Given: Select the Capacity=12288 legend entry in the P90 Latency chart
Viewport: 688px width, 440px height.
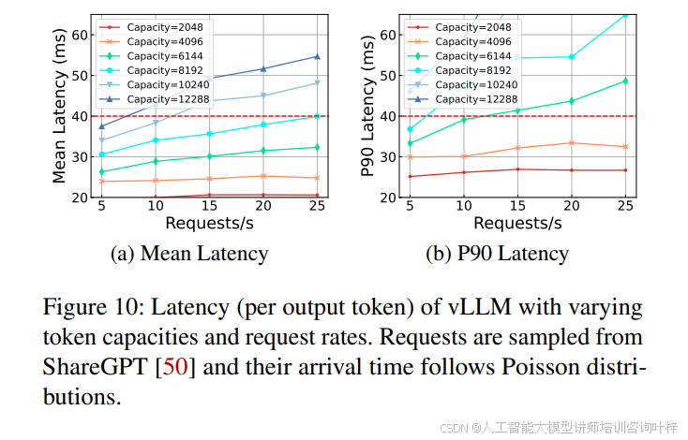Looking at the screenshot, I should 464,98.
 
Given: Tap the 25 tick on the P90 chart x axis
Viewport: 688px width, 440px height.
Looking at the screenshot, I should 624,206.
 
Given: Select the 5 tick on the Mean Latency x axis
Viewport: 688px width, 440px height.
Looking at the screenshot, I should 101,206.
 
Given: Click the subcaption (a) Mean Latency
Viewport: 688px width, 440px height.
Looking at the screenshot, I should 189,253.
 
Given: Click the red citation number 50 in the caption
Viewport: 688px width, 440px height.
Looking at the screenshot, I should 175,367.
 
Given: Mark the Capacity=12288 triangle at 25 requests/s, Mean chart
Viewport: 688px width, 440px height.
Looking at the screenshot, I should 317,56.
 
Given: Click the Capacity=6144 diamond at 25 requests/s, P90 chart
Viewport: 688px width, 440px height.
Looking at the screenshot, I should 625,81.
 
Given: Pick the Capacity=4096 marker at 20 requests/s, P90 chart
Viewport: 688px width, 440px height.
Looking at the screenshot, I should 572,143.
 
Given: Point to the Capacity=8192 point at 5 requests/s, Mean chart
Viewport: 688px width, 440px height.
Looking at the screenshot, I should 101,154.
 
